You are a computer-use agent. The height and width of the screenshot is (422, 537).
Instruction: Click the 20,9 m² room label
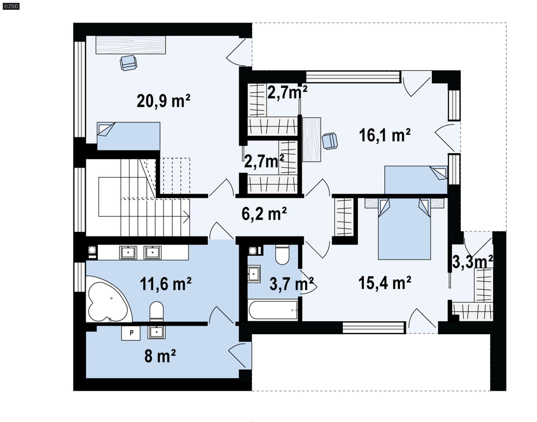point(163,101)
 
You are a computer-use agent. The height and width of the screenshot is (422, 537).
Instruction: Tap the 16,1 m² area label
point(385,135)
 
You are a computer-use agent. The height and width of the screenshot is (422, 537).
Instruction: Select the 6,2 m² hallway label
point(264,214)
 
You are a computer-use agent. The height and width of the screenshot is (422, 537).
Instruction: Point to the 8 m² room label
point(160,356)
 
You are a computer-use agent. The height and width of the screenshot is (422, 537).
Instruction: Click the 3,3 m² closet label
point(473,262)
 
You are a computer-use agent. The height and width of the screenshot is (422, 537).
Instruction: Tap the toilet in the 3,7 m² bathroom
point(282,255)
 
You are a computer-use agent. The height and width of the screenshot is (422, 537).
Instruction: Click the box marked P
point(131,333)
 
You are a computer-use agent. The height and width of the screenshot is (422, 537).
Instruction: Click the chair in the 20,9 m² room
point(129,63)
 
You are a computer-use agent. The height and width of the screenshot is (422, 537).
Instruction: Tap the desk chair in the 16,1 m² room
point(330,141)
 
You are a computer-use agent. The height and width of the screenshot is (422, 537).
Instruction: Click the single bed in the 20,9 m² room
point(129,136)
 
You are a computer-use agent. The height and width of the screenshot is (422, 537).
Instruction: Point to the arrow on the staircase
point(186,217)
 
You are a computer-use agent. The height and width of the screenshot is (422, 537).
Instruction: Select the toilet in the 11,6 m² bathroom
point(156,311)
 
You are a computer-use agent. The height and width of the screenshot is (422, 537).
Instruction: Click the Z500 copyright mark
point(11,6)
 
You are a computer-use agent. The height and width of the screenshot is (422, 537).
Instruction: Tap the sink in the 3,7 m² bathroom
point(254,274)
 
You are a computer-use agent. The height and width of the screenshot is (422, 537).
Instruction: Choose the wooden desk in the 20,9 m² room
point(131,45)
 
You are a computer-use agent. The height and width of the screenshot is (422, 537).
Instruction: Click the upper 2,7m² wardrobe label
point(287,92)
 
